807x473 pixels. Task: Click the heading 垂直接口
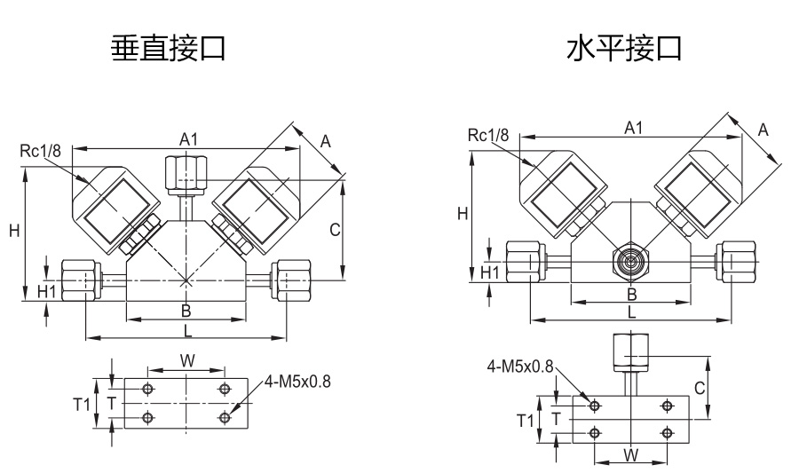pos(167,49)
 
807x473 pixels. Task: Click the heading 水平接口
pos(624,49)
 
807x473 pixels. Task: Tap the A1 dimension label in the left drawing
pos(188,139)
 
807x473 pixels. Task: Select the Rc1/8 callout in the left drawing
pos(41,152)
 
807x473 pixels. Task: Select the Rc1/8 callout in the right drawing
pos(488,136)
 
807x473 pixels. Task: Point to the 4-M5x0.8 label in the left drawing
pos(297,383)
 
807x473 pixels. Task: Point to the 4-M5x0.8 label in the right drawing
pos(520,366)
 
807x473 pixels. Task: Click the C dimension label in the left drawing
pos(335,230)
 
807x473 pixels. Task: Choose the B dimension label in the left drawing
pos(186,311)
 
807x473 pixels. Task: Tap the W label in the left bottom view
pos(187,360)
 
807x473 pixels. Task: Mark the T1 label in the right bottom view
pos(526,420)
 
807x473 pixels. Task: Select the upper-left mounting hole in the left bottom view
pos(148,390)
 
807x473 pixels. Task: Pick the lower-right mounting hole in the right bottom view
pos(667,434)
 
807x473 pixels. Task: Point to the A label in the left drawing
pos(325,141)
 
